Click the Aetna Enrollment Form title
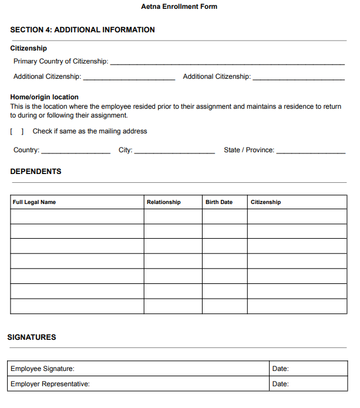click(179, 6)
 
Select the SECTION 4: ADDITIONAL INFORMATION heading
click(83, 30)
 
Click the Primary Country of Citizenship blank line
click(227, 62)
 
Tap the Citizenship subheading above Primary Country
click(28, 48)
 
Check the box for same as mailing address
click(16, 132)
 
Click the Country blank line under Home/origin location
click(76, 151)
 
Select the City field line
click(174, 151)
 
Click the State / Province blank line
click(311, 151)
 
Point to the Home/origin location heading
click(44, 97)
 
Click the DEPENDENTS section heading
click(36, 172)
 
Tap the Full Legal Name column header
click(34, 202)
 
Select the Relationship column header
click(163, 202)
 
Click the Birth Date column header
click(218, 202)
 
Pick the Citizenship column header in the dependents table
click(265, 202)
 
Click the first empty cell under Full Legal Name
click(77, 216)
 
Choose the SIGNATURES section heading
click(32, 337)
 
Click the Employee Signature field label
click(42, 369)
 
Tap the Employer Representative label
click(50, 384)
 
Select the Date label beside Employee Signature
click(280, 369)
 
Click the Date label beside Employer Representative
click(280, 384)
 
